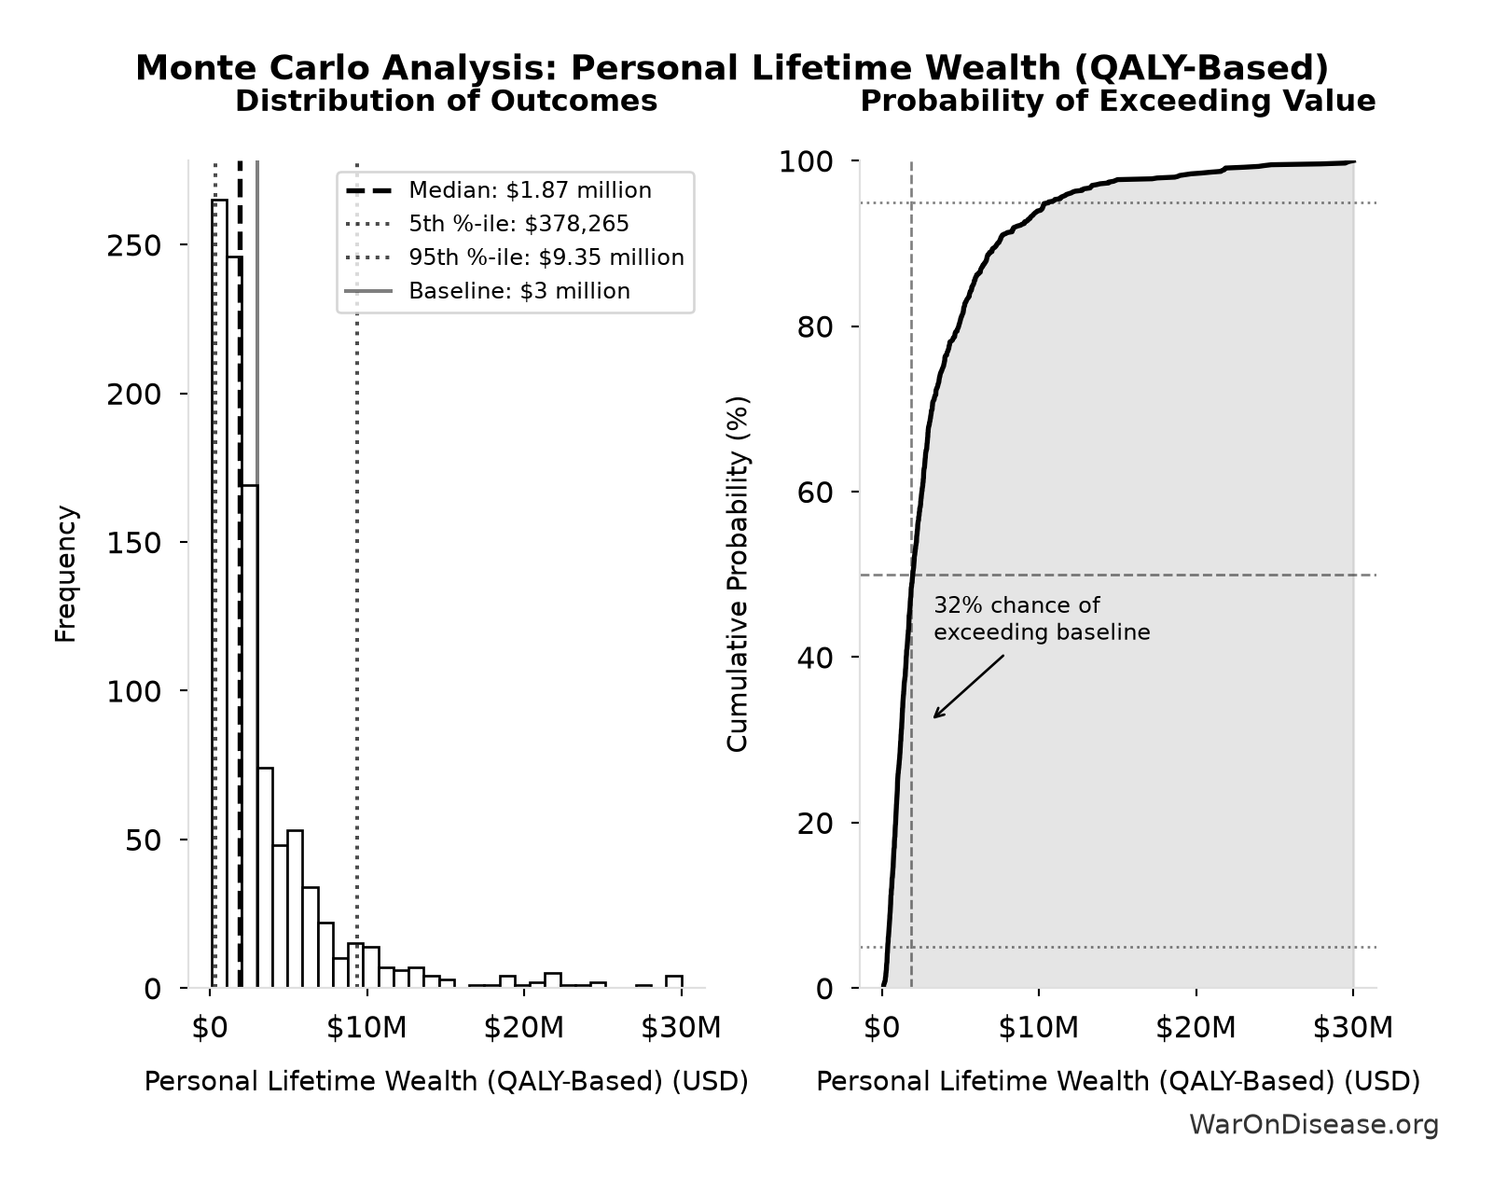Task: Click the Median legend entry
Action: (x=498, y=190)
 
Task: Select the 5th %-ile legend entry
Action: (x=487, y=224)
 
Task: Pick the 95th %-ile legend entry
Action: (x=514, y=257)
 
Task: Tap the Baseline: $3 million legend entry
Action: (x=487, y=291)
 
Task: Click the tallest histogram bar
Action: (x=219, y=593)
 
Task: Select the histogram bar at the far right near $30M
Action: (x=674, y=981)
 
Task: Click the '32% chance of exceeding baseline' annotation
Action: (x=1042, y=618)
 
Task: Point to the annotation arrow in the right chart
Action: (x=969, y=687)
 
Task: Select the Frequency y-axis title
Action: (x=66, y=574)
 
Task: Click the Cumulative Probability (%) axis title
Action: (x=737, y=574)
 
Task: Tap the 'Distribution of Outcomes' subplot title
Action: (x=446, y=102)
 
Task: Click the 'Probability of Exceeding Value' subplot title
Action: (x=1118, y=102)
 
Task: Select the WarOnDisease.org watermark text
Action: (x=1314, y=1125)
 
